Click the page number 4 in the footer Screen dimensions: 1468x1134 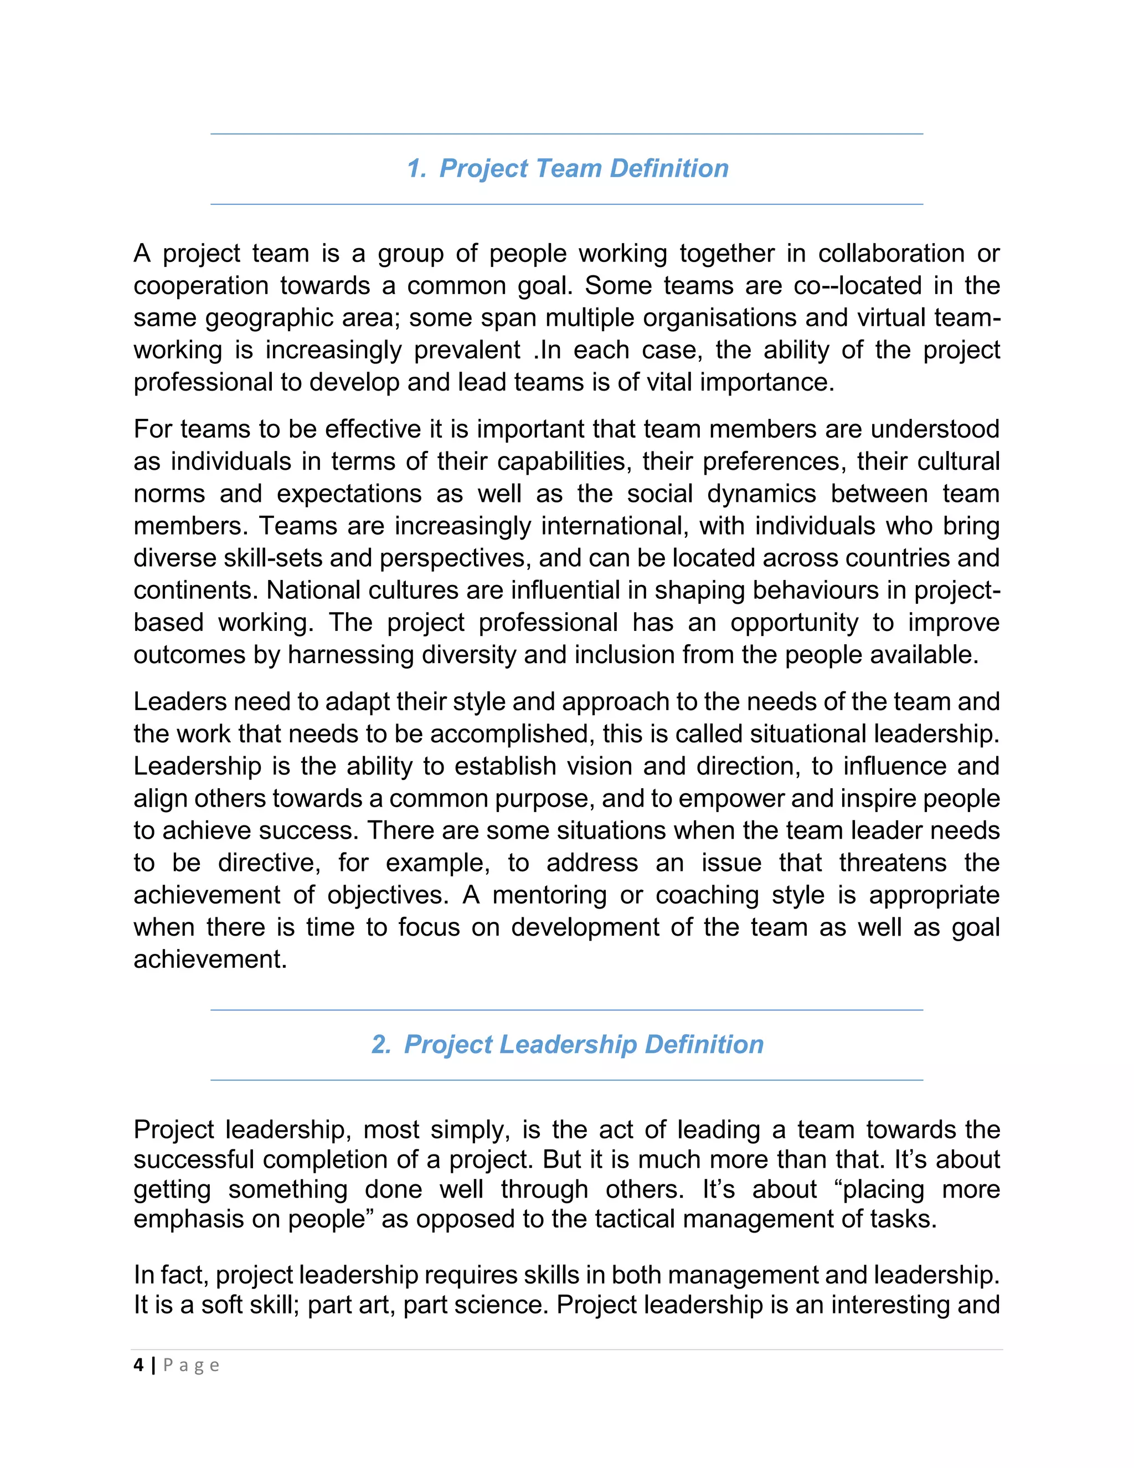138,1365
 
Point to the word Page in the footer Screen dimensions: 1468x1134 192,1365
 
